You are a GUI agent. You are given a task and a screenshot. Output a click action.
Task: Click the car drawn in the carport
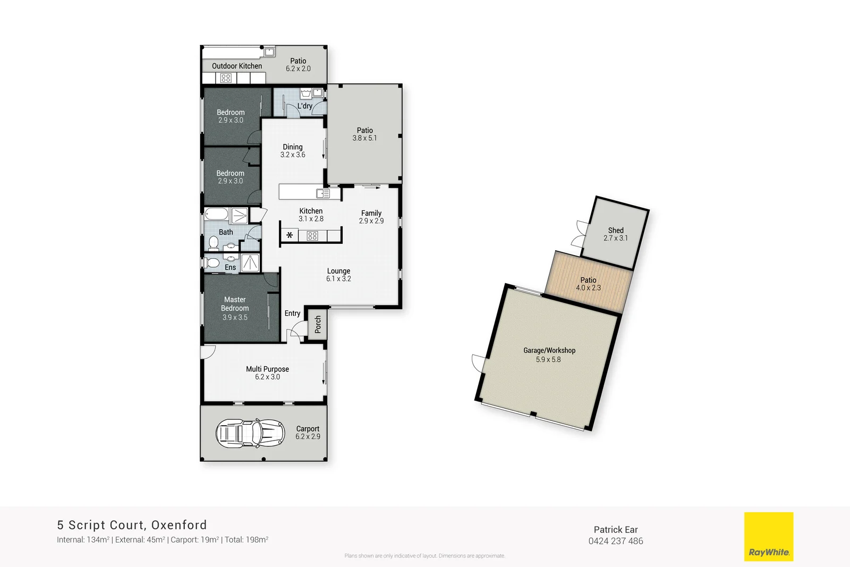coord(250,433)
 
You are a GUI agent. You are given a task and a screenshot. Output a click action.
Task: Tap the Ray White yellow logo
coord(768,536)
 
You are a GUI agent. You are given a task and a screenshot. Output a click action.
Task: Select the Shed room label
coord(616,230)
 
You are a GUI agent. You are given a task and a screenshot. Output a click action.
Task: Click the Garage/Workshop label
coord(549,350)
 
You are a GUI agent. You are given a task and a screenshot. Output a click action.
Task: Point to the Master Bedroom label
coord(235,304)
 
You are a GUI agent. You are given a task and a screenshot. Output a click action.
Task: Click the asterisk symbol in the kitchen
coord(290,235)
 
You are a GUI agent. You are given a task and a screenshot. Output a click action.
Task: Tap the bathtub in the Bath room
coord(216,215)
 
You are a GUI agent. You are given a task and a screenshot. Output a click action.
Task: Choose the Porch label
coord(318,324)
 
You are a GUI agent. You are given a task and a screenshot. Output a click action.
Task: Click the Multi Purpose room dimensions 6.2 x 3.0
coord(267,377)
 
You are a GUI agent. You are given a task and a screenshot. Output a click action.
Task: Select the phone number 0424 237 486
coord(615,541)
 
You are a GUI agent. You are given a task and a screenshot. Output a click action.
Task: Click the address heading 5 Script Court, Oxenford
coord(132,525)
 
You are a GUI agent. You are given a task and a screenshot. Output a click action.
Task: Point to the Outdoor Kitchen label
coord(237,66)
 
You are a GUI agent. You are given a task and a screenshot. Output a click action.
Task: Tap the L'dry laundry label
coord(305,106)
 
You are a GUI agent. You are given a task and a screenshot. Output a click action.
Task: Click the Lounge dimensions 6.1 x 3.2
coord(338,278)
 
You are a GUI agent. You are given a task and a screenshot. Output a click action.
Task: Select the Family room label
coord(371,213)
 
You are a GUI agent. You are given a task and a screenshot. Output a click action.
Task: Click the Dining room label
coord(293,147)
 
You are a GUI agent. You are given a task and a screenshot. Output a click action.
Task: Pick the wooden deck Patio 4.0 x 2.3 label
coord(588,280)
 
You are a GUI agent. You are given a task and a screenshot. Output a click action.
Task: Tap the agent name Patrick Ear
coord(615,529)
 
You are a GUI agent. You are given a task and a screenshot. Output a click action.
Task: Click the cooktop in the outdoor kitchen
coord(226,78)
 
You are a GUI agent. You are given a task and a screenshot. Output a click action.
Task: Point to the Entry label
coord(292,313)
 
